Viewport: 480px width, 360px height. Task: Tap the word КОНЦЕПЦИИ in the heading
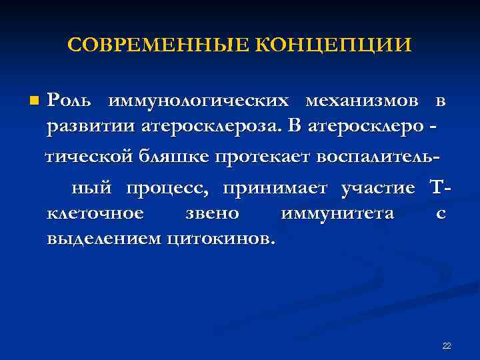333,45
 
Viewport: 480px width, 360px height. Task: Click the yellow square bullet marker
35,101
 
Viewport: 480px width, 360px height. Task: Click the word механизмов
363,101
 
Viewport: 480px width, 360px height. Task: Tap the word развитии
89,125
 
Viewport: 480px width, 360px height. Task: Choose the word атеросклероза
209,125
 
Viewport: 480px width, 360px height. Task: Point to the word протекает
264,157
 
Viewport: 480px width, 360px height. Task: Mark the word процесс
168,189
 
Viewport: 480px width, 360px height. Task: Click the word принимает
275,189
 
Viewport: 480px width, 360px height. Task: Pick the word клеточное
95,214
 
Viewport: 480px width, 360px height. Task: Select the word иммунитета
337,214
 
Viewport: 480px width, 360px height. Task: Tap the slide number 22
447,345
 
